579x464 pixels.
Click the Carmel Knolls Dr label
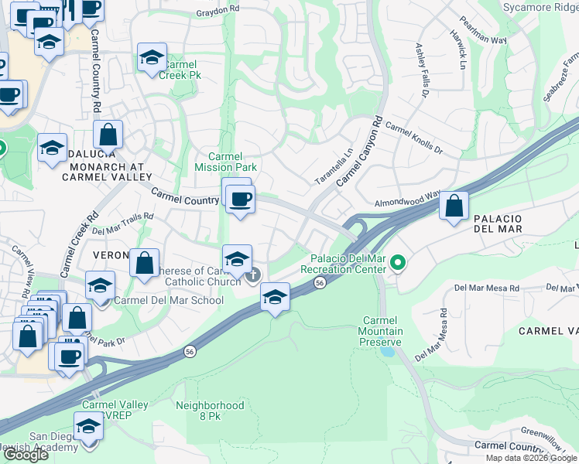click(413, 138)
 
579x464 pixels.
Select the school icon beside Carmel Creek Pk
click(152, 56)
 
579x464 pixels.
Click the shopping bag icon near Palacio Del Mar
click(454, 206)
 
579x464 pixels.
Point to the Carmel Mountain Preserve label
click(383, 331)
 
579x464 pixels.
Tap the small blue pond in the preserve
click(386, 351)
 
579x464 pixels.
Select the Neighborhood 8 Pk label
click(210, 411)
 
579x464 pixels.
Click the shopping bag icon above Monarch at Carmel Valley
click(108, 134)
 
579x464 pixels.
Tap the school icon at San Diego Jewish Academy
click(88, 426)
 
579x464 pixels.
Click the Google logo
click(26, 455)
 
